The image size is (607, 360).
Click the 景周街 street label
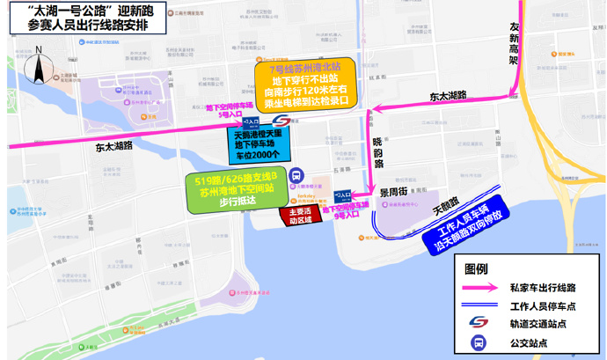pyautogui.click(x=393, y=191)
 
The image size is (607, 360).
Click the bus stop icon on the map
pyautogui.click(x=296, y=175)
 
